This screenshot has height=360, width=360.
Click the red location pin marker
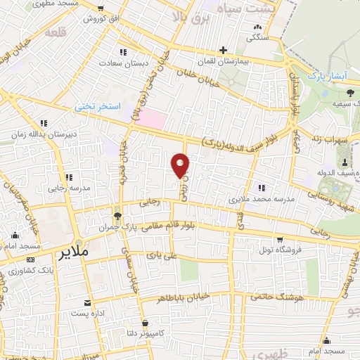181,166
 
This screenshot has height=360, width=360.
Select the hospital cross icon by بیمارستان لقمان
223,51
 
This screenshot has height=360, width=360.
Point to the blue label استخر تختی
99,107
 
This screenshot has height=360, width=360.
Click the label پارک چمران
117,228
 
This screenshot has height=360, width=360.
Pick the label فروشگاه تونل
281,250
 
